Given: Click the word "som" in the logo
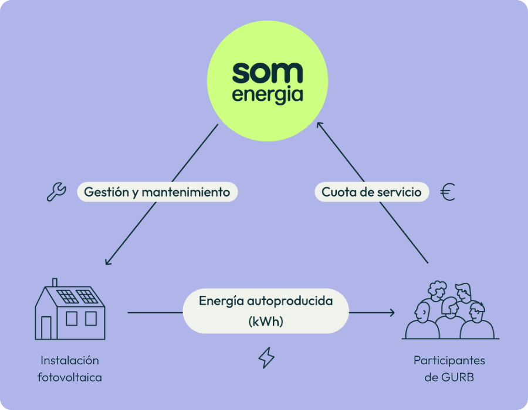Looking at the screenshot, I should [x=268, y=73].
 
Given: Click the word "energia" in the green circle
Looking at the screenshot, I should [x=268, y=95].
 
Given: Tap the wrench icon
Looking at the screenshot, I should [x=56, y=192].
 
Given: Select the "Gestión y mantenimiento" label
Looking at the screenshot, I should [x=157, y=192].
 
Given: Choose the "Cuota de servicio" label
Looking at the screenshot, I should [x=372, y=192].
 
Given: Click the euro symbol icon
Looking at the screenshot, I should [x=448, y=192].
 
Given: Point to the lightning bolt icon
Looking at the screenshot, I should [x=266, y=357].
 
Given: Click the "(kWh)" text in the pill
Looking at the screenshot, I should [x=266, y=322].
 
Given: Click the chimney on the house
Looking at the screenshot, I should [x=55, y=282].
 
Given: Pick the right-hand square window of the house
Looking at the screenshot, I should [x=91, y=318].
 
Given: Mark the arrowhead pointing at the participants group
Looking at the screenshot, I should [x=392, y=313].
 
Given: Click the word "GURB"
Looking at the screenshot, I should [x=458, y=378].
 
